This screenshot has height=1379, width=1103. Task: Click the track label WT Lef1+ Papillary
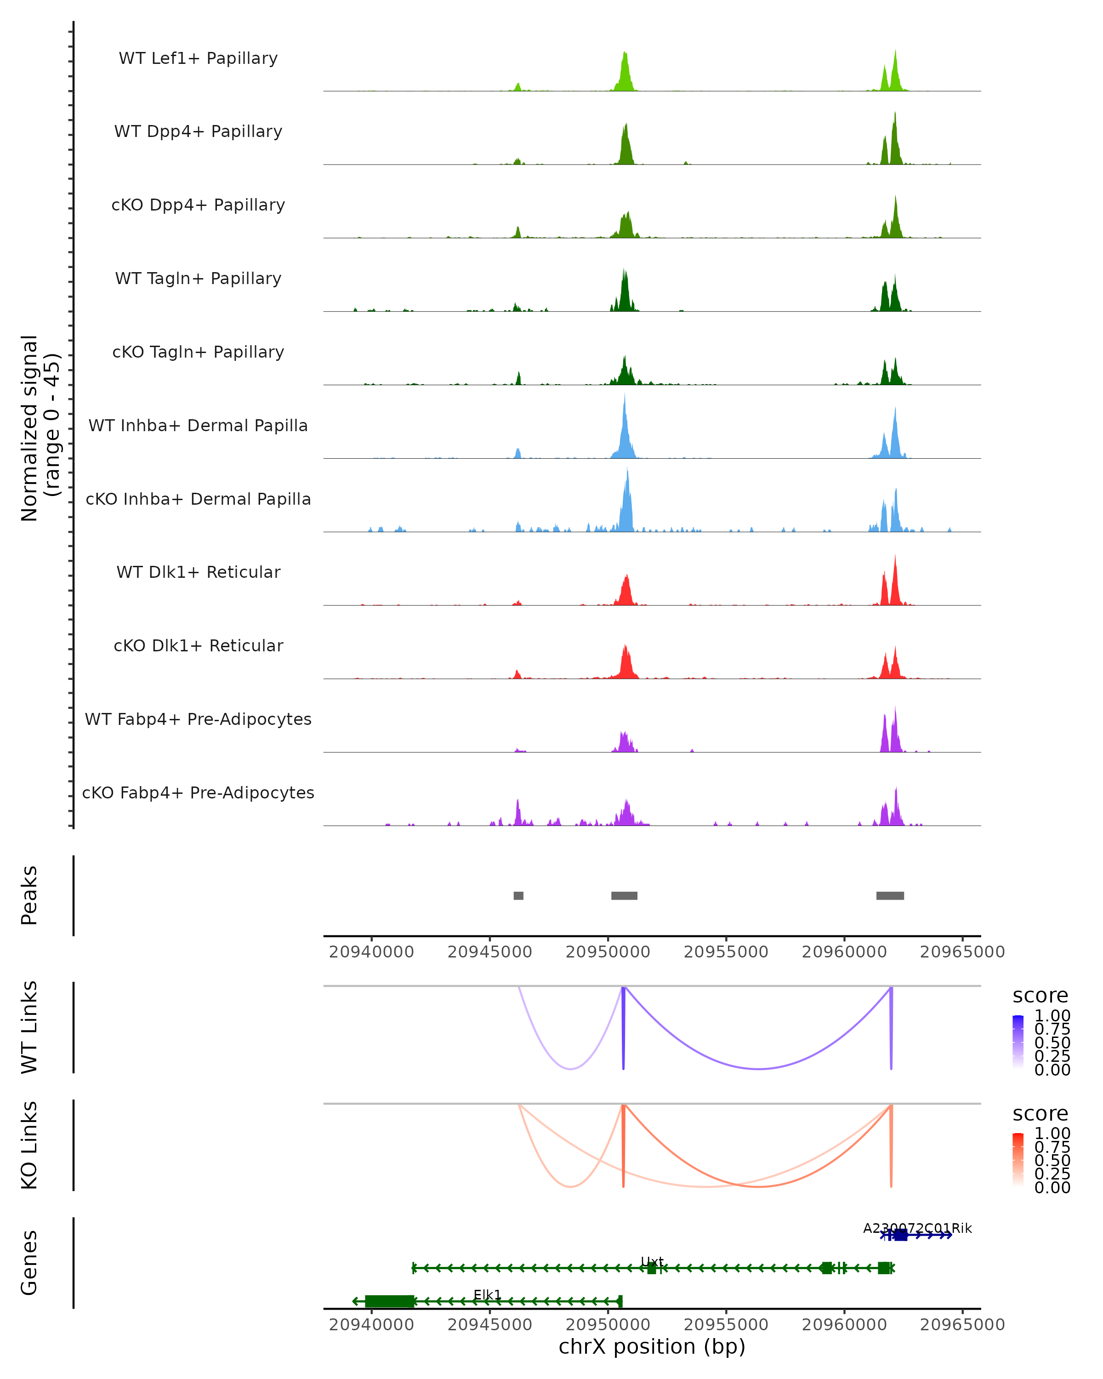tap(198, 58)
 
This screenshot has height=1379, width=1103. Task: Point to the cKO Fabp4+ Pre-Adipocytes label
tap(198, 792)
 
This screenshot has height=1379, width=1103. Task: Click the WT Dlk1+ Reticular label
tap(198, 572)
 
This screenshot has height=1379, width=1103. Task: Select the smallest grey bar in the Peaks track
tap(518, 895)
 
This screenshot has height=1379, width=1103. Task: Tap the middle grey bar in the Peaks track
tap(624, 895)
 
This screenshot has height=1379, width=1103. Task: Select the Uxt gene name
tap(652, 1261)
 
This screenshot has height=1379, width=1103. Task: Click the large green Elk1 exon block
tap(389, 1301)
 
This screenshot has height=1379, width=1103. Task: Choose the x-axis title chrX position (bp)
tap(652, 1346)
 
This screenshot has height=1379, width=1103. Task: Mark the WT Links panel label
tap(29, 1027)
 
